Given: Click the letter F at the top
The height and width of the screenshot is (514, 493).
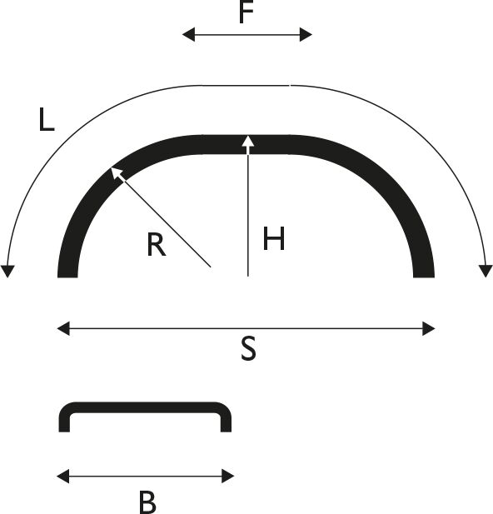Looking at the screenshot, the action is click(246, 12).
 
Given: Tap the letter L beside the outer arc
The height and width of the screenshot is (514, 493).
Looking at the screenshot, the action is click(47, 120).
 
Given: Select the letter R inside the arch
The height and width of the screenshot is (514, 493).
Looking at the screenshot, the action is click(157, 244).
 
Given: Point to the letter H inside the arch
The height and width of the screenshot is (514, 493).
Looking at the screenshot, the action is click(274, 238).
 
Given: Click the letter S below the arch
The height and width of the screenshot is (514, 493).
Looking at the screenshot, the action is click(248, 349).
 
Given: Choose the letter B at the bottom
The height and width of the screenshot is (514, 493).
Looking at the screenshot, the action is click(147, 502).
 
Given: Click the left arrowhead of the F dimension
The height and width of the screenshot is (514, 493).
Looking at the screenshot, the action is click(188, 34).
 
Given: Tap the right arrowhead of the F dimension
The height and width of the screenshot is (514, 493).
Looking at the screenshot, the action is click(306, 34).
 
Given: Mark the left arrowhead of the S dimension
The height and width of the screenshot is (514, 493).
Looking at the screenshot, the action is click(63, 328).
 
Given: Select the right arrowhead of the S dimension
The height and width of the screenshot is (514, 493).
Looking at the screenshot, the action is click(428, 328).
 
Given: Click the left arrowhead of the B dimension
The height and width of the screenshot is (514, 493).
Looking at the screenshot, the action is click(63, 476).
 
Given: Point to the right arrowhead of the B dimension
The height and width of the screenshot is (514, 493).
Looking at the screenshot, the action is click(228, 476).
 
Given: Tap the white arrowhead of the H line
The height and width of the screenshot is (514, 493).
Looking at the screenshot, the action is click(248, 142).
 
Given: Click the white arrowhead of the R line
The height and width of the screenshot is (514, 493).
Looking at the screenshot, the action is click(117, 172).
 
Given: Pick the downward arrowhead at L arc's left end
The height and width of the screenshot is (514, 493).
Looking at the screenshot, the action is click(7, 271).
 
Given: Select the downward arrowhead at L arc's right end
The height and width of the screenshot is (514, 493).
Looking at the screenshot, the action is click(486, 271).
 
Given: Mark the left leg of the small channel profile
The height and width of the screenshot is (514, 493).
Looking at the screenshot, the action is click(64, 422).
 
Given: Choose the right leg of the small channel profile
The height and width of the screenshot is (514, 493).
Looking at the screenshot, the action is click(227, 422).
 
